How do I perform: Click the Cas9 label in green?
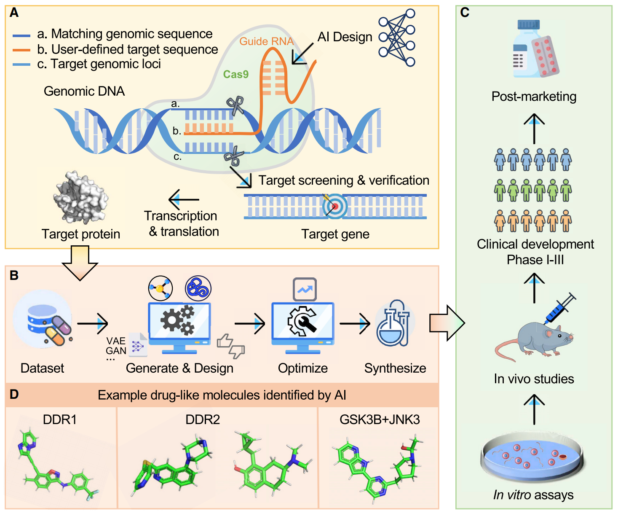click(235, 75)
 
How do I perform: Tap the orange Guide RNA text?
click(266, 41)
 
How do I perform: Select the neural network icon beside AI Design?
click(397, 38)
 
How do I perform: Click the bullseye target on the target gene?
click(335, 207)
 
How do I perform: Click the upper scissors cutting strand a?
click(235, 105)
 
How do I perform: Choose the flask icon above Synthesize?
click(393, 323)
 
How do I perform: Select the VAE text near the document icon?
click(116, 341)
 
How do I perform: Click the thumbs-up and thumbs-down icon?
click(231, 346)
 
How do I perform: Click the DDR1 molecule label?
click(60, 419)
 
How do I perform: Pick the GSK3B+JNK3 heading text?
click(379, 419)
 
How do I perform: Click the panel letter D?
click(14, 395)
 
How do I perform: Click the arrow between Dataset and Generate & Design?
click(93, 324)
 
